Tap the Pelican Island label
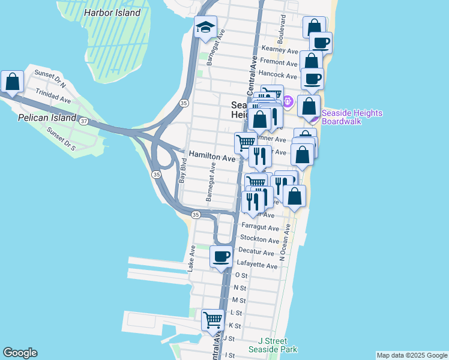click(x=53, y=118)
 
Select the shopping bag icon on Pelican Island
click(x=12, y=82)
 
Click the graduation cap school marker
click(x=205, y=27)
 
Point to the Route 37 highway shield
click(x=83, y=121)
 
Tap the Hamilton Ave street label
click(x=212, y=156)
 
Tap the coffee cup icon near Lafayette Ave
click(x=221, y=257)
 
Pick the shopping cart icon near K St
click(x=212, y=320)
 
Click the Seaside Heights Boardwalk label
click(x=352, y=117)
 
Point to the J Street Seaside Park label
click(x=273, y=344)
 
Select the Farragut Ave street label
click(x=261, y=228)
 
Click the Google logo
click(x=20, y=353)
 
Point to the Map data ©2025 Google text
click(x=411, y=355)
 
